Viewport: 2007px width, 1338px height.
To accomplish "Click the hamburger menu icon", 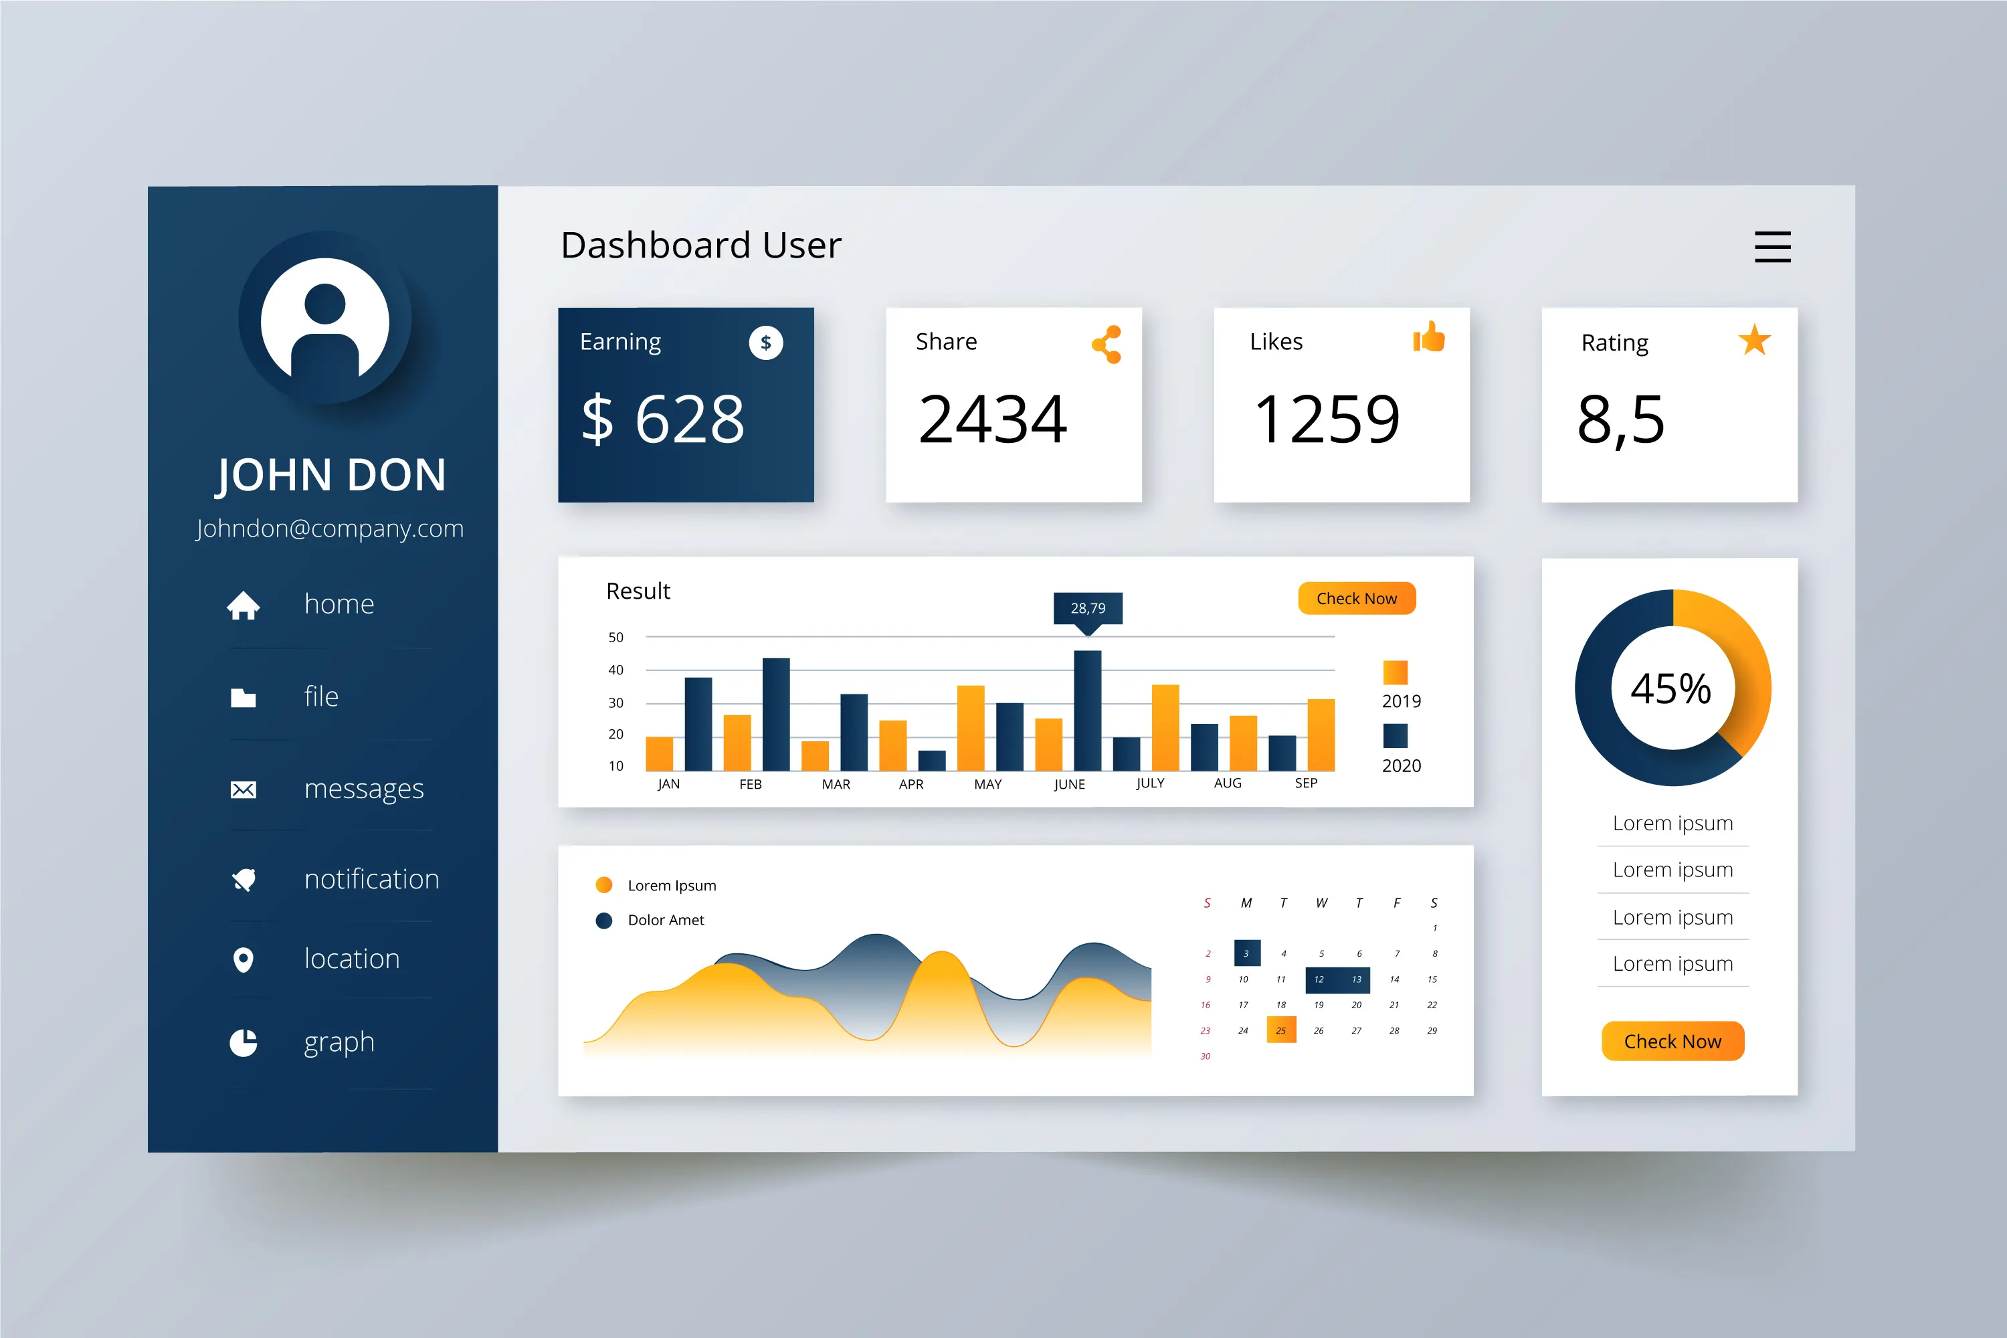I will [x=1772, y=247].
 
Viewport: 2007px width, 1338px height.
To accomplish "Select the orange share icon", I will [x=1107, y=345].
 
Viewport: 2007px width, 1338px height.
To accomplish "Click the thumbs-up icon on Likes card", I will [x=1429, y=337].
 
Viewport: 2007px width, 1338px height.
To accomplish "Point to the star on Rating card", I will [x=1754, y=340].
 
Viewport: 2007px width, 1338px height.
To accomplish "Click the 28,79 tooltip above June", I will [x=1088, y=608].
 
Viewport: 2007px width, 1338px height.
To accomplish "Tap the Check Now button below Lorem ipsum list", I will [x=1672, y=1041].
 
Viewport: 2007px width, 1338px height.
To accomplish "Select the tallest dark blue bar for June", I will [x=1087, y=710].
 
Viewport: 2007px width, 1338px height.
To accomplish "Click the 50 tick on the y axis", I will [x=616, y=638].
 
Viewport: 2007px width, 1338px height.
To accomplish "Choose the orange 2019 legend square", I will [x=1395, y=672].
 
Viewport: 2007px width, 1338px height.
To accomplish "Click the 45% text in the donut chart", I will [x=1670, y=688].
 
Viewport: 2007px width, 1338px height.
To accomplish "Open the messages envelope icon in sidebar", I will [x=244, y=789].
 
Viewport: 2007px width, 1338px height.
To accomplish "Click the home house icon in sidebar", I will [x=244, y=605].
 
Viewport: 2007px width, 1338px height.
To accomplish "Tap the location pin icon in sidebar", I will [x=244, y=960].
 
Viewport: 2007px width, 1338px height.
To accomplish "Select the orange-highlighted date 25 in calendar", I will [x=1281, y=1030].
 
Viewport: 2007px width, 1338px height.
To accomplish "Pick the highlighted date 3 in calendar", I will [x=1247, y=953].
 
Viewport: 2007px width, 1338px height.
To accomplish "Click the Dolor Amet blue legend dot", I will [x=604, y=921].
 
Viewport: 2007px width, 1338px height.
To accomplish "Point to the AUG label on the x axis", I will [x=1227, y=783].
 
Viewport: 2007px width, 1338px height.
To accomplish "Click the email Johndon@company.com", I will [x=329, y=529].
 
